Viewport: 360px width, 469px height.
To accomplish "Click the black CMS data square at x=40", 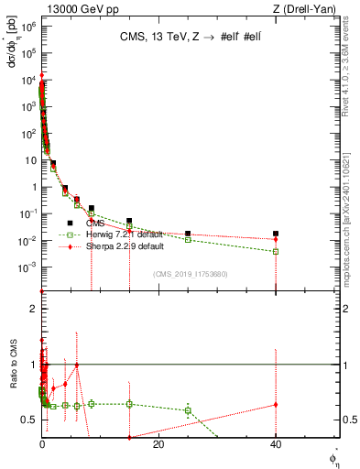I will pyautogui.click(x=276, y=234).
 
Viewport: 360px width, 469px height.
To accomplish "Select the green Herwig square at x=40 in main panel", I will pyautogui.click(x=276, y=251).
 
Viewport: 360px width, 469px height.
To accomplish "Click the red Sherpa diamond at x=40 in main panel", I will pyautogui.click(x=276, y=239).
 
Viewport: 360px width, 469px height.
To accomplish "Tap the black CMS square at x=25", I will pyautogui.click(x=188, y=234).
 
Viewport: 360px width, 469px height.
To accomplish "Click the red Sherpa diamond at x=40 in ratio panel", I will pyautogui.click(x=276, y=404).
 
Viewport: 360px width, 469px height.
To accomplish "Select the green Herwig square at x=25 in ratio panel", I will pyautogui.click(x=188, y=410).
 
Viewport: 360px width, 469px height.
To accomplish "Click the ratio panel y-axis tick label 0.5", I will pyautogui.click(x=30, y=420).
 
